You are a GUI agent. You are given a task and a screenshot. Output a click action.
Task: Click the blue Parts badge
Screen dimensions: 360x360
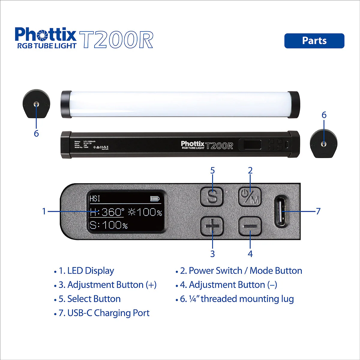(x=314, y=41)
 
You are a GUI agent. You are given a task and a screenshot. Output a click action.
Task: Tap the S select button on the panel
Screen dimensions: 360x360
(x=212, y=197)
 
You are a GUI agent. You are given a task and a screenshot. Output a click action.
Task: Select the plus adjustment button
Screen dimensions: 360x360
(x=212, y=226)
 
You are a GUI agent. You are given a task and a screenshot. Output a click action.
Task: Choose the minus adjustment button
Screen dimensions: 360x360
(x=250, y=226)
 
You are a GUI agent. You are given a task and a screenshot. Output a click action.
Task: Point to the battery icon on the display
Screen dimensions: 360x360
(x=155, y=199)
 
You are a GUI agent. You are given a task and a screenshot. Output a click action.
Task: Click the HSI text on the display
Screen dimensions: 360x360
(x=95, y=199)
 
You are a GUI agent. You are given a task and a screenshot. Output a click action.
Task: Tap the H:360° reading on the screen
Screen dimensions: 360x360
(x=107, y=212)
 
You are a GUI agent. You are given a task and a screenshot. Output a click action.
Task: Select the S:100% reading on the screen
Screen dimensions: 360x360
(x=109, y=225)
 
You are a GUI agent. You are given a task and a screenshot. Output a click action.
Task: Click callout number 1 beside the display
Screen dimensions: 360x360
(x=44, y=211)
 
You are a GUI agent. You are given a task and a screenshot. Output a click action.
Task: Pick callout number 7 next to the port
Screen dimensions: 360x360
(x=318, y=211)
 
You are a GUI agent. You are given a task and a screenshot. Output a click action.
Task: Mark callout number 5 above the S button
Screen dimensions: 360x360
(x=212, y=171)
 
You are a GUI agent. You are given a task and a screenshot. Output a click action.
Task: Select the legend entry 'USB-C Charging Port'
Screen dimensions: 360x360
(x=108, y=313)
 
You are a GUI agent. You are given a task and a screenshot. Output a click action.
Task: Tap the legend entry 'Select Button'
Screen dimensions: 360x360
(x=94, y=299)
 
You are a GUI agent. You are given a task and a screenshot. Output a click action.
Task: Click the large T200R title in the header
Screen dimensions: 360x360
(x=117, y=40)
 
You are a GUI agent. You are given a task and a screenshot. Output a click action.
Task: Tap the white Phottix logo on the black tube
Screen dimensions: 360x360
(x=193, y=144)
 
